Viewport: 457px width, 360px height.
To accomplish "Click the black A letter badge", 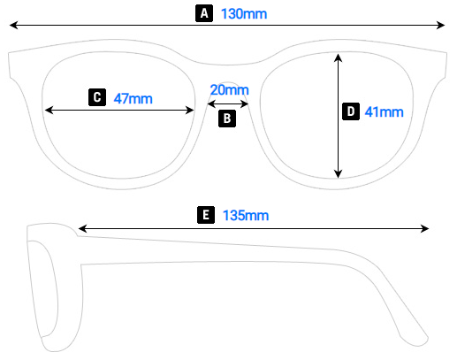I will click(x=205, y=13).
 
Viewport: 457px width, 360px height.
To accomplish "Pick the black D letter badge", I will click(x=350, y=111).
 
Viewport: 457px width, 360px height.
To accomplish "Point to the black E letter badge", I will click(x=205, y=215).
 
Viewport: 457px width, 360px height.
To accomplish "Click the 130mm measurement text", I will click(x=244, y=14).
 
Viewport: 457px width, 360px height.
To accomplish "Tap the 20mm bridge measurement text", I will click(x=229, y=89).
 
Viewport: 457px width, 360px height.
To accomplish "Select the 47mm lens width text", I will click(x=133, y=98).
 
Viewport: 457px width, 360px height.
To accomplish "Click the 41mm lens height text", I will click(x=384, y=111).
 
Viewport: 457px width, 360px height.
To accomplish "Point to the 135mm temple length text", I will click(x=246, y=215).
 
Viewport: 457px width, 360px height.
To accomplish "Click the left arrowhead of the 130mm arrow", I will click(x=13, y=28).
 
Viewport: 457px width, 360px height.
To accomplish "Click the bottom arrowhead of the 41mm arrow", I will click(x=338, y=174).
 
